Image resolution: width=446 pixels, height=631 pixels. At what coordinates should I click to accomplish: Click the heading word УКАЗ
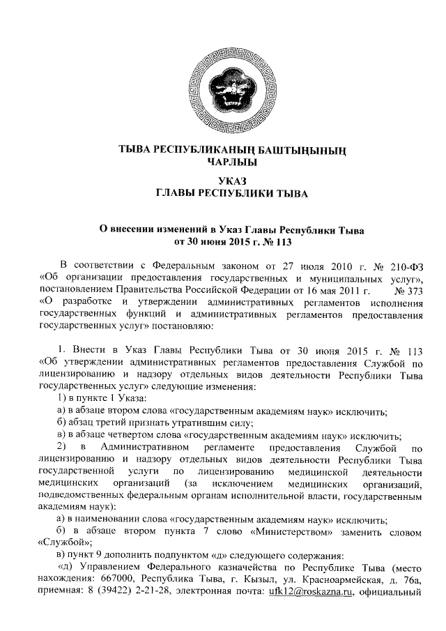[x=222, y=181]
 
